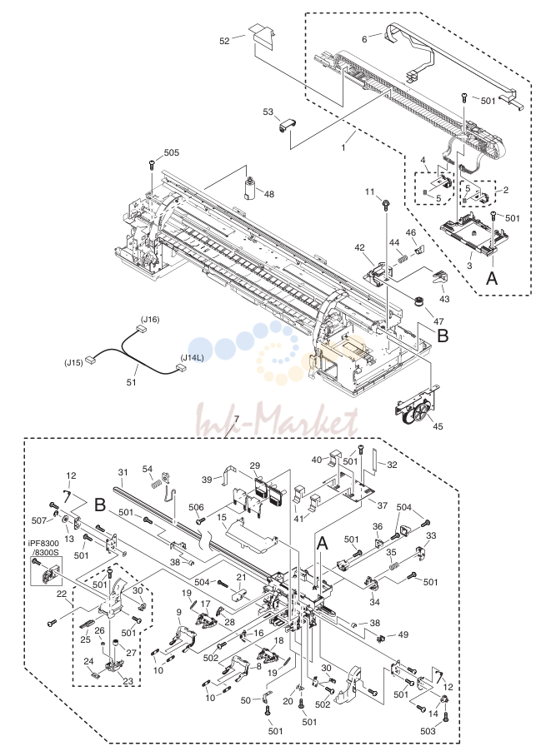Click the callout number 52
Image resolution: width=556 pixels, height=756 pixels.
(x=224, y=41)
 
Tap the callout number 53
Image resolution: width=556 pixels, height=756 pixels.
(x=268, y=112)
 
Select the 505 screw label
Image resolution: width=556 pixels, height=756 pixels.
(x=172, y=152)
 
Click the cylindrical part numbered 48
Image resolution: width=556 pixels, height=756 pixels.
(x=250, y=188)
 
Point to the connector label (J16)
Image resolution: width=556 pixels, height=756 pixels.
(x=149, y=319)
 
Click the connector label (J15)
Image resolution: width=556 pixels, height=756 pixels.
(x=74, y=362)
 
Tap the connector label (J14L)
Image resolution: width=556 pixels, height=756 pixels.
(x=192, y=358)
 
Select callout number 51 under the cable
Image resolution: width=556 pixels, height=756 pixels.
(x=131, y=382)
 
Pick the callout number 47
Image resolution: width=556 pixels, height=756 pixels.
(x=438, y=321)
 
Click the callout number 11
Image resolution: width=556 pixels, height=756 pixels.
(x=370, y=191)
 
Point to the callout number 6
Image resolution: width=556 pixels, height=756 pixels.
(x=364, y=39)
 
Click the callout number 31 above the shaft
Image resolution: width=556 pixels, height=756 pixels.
(x=123, y=473)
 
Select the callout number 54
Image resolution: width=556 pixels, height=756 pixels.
(x=148, y=469)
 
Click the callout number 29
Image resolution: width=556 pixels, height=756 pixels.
(x=255, y=465)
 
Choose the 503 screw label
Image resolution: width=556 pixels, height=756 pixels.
(x=428, y=731)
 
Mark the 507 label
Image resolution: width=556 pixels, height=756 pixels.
(x=39, y=520)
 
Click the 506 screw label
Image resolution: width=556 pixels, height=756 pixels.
(x=196, y=507)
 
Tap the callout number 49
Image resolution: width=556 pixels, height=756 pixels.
(x=403, y=634)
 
